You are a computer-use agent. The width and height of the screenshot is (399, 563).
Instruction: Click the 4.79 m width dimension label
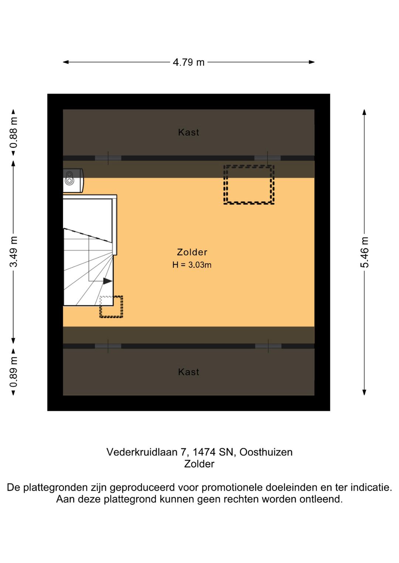(x=188, y=62)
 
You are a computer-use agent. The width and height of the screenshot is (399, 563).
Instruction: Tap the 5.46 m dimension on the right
(x=364, y=252)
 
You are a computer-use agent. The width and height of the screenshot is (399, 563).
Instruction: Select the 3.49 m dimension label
(x=13, y=252)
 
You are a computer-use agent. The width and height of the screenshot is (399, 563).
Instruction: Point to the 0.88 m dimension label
(x=13, y=132)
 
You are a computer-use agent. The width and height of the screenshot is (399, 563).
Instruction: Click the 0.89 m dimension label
(x=13, y=372)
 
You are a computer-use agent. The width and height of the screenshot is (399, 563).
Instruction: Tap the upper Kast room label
(x=188, y=132)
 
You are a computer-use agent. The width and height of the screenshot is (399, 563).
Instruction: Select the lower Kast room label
(x=188, y=372)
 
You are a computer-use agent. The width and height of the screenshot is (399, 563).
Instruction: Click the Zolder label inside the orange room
(x=192, y=252)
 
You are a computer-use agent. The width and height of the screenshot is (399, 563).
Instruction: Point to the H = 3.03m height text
(x=192, y=265)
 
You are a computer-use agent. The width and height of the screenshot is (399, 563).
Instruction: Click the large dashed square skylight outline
(x=249, y=184)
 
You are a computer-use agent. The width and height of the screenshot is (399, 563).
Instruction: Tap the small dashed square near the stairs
(x=111, y=307)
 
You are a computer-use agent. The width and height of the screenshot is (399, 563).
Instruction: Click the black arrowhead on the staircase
(x=108, y=281)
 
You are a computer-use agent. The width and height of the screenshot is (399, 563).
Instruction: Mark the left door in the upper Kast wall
(x=108, y=158)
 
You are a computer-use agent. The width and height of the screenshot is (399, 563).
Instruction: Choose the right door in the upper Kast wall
(x=267, y=158)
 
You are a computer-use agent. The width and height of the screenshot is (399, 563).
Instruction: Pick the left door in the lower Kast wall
(x=108, y=346)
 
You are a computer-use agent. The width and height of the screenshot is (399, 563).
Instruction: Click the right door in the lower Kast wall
(x=268, y=346)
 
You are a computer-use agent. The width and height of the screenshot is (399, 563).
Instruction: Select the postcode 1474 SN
(x=213, y=452)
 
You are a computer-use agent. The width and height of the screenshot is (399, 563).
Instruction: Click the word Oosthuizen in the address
(x=266, y=452)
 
